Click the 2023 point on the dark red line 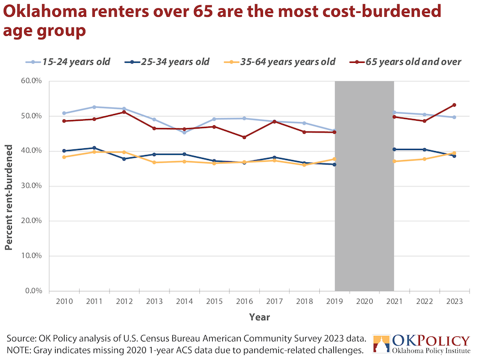tap(454, 105)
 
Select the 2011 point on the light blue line tap(94, 107)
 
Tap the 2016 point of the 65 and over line tap(244, 138)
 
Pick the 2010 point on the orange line tap(64, 157)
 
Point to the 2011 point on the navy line tap(94, 148)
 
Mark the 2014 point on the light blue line tap(185, 133)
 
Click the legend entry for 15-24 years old tap(67, 62)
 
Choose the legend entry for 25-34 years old tap(167, 62)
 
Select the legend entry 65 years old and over tap(406, 62)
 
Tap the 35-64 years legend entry tap(279, 62)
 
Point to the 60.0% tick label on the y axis tap(31, 81)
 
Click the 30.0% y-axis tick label tap(31, 185)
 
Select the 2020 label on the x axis tap(364, 301)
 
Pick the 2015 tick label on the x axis tap(214, 301)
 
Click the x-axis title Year tap(259, 317)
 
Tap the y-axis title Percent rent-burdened tap(9, 197)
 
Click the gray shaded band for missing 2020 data tap(364, 186)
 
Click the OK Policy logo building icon tap(381, 344)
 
